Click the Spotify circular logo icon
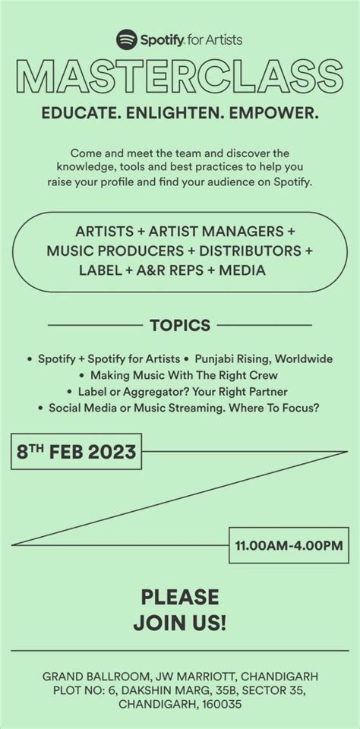click(x=126, y=38)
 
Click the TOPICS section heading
click(x=180, y=326)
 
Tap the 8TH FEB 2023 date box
click(x=76, y=453)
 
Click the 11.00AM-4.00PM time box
click(x=289, y=544)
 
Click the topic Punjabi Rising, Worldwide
click(x=264, y=358)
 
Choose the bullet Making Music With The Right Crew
click(x=184, y=374)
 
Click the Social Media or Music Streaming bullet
click(x=184, y=408)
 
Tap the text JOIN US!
click(x=180, y=624)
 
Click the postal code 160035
click(x=221, y=704)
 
